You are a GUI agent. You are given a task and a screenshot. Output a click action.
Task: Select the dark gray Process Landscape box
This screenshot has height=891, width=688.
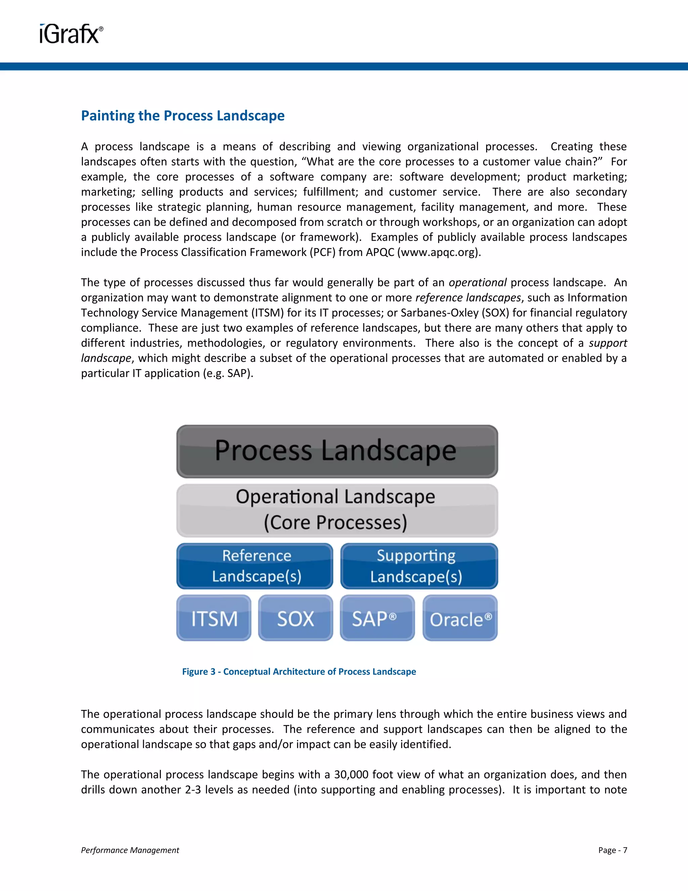pos(337,451)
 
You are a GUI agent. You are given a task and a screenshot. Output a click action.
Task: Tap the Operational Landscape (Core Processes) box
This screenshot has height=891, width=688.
pos(337,510)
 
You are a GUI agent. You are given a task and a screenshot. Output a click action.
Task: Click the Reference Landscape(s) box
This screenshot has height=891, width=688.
pos(255,566)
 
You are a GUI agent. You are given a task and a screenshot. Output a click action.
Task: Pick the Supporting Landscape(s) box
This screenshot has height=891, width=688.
pos(419,566)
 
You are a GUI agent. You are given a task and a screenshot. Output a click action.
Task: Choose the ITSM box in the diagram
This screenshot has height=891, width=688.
pos(214,618)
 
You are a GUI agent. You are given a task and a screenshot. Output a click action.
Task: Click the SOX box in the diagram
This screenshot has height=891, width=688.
pos(296,618)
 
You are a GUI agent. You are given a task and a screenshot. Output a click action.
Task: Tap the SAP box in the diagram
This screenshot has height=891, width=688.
pos(377,618)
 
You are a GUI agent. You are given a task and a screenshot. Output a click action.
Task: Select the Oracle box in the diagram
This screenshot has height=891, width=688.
pos(460,618)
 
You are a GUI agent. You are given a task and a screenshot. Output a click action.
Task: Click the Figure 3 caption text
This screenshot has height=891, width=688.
pos(299,671)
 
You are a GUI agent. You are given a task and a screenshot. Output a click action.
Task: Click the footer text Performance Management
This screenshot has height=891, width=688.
pos(130,850)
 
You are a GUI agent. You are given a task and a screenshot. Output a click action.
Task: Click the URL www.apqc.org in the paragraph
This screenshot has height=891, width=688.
pos(439,252)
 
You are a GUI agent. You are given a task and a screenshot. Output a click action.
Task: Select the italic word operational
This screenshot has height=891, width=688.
pos(477,282)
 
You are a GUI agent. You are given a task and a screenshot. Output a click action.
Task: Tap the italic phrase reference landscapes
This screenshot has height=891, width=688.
pos(468,298)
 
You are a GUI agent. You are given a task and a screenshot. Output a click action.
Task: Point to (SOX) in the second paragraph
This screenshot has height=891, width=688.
pos(495,312)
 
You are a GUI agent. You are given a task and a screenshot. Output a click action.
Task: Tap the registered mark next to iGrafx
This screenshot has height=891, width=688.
pos(101,29)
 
